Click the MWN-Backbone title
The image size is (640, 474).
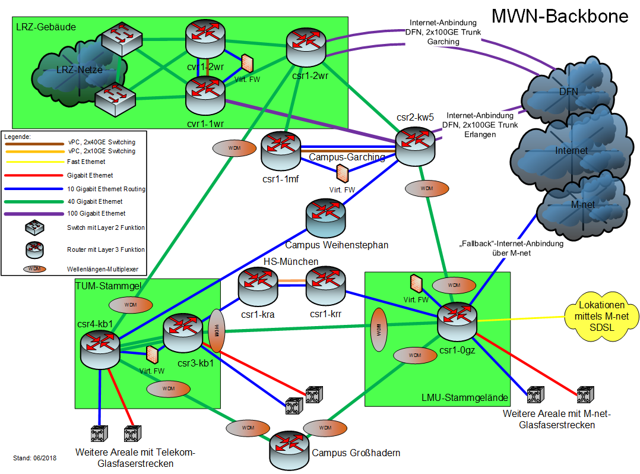pyautogui.click(x=560, y=15)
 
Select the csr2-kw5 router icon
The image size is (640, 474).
pyautogui.click(x=416, y=144)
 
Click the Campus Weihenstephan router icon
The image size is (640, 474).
pyautogui.click(x=325, y=219)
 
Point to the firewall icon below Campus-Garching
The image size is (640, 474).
pyautogui.click(x=342, y=173)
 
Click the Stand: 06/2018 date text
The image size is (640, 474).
pyautogui.click(x=34, y=459)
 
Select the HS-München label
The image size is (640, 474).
pyautogui.click(x=291, y=262)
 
